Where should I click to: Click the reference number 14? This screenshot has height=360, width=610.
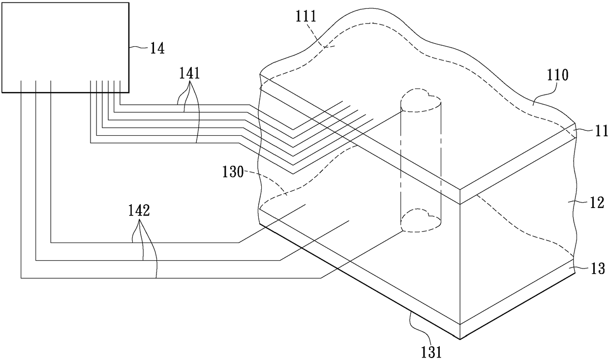tap(157, 48)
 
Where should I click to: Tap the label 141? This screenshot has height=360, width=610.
tap(190, 74)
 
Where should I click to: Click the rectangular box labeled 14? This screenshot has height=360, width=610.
tap(65, 47)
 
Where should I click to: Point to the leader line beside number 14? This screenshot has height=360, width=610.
tap(139, 47)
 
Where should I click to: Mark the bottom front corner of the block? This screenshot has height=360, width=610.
tap(460, 339)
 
